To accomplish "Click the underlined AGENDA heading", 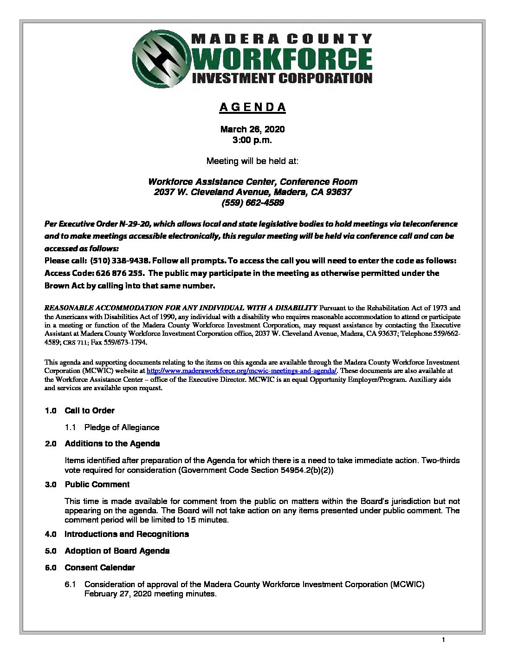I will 252,107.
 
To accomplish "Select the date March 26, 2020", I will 252,129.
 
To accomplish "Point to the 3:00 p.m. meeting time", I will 252,139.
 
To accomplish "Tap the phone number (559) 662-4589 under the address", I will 252,203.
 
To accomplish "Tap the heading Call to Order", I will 90,411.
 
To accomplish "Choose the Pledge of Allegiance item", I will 122,427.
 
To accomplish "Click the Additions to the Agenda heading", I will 112,444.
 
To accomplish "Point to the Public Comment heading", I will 97,484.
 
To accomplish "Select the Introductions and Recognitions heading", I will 127,534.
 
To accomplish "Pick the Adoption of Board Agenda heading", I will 117,551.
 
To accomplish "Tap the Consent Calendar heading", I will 100,568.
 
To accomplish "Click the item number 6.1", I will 71,584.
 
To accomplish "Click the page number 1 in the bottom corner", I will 444,641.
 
